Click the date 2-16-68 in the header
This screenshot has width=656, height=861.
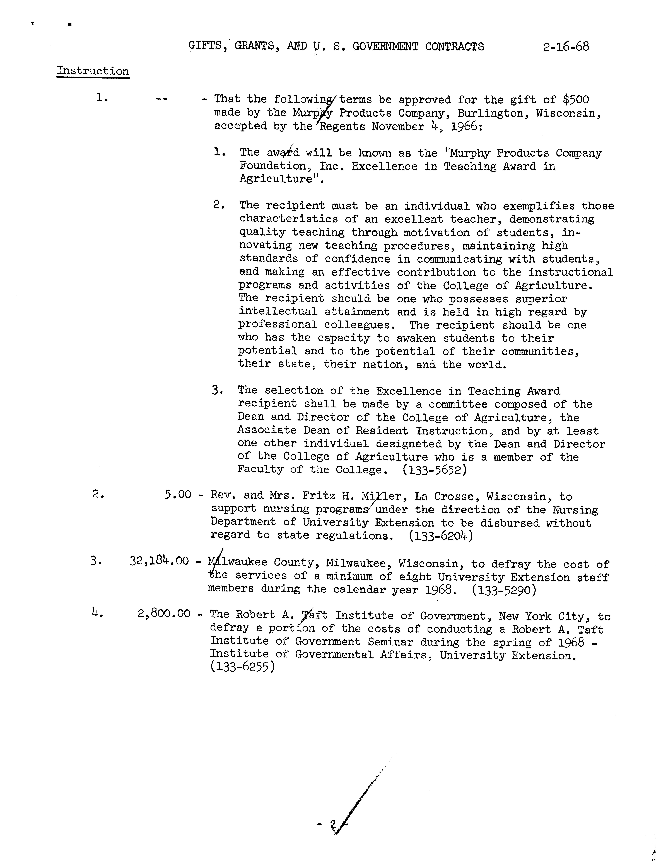click(x=565, y=47)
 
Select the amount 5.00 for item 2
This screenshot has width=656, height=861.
click(x=178, y=495)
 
